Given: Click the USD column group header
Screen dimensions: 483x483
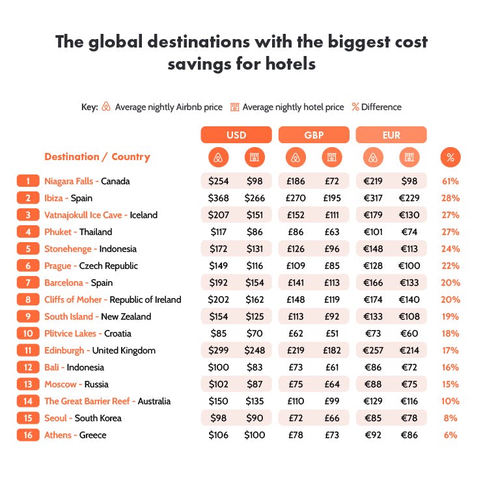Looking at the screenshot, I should click(x=236, y=135).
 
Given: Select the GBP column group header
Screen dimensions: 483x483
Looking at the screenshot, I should click(x=314, y=135).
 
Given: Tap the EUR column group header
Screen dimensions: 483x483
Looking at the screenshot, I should click(x=391, y=135).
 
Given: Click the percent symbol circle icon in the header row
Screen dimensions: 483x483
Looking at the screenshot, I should click(x=450, y=158).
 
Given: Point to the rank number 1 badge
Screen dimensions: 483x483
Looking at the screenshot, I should click(x=29, y=181).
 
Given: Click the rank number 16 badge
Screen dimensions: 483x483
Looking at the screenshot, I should click(x=29, y=435).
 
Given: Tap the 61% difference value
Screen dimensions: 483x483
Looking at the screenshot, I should click(x=450, y=181).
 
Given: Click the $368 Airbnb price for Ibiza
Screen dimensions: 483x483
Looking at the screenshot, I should click(x=219, y=198).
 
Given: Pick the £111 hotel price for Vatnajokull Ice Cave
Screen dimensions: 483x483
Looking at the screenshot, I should click(x=332, y=215).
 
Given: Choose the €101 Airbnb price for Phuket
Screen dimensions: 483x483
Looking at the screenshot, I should click(x=373, y=232).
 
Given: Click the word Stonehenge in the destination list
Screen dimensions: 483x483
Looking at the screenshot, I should click(x=69, y=249).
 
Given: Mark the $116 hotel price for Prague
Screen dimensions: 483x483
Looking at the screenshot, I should click(x=255, y=266).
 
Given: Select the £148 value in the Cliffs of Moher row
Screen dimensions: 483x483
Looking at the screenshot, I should click(x=296, y=299).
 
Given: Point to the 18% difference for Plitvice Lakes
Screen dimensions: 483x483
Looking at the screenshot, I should click(x=450, y=333).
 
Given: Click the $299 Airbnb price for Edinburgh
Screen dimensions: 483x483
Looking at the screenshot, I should click(x=219, y=350).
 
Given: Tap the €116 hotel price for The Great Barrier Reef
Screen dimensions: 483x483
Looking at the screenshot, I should click(x=409, y=401).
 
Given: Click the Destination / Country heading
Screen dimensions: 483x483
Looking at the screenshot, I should click(x=97, y=157).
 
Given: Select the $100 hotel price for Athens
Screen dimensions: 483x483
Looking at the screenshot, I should click(x=255, y=435).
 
